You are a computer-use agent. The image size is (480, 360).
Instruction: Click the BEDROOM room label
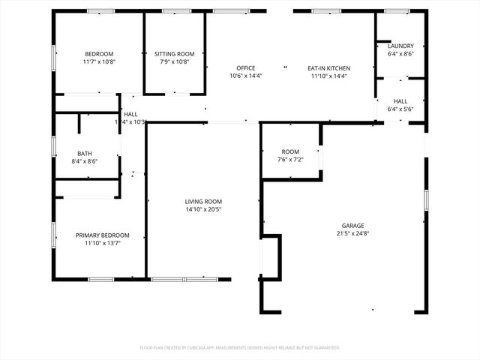tap(99, 54)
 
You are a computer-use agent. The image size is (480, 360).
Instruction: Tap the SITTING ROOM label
tap(175, 54)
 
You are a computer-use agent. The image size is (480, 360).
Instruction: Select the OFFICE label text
tap(246, 68)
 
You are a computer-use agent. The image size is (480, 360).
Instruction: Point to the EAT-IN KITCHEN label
tap(328, 68)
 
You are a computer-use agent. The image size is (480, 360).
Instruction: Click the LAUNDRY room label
tap(400, 46)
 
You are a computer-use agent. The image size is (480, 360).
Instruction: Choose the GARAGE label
tap(353, 226)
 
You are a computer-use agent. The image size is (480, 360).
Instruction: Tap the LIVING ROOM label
tap(203, 201)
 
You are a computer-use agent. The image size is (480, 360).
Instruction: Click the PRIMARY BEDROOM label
tap(102, 235)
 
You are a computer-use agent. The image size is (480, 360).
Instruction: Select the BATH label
tap(84, 153)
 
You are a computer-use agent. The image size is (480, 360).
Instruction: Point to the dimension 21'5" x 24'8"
tap(353, 234)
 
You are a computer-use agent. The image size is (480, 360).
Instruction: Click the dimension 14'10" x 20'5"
tap(203, 209)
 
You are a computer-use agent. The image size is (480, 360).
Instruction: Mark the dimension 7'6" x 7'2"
tap(290, 160)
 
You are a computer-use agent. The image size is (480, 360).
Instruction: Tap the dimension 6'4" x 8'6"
tap(400, 54)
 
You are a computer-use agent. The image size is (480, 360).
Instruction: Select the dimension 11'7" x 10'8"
tap(99, 61)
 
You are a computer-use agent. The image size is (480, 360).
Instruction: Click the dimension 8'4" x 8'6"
tap(84, 160)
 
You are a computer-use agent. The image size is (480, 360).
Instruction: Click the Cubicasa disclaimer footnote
tap(240, 348)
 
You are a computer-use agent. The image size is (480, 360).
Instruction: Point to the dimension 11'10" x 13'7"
tap(102, 243)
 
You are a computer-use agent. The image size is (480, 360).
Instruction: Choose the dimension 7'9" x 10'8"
tap(175, 61)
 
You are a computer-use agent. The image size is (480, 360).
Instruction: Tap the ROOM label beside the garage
tap(290, 151)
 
